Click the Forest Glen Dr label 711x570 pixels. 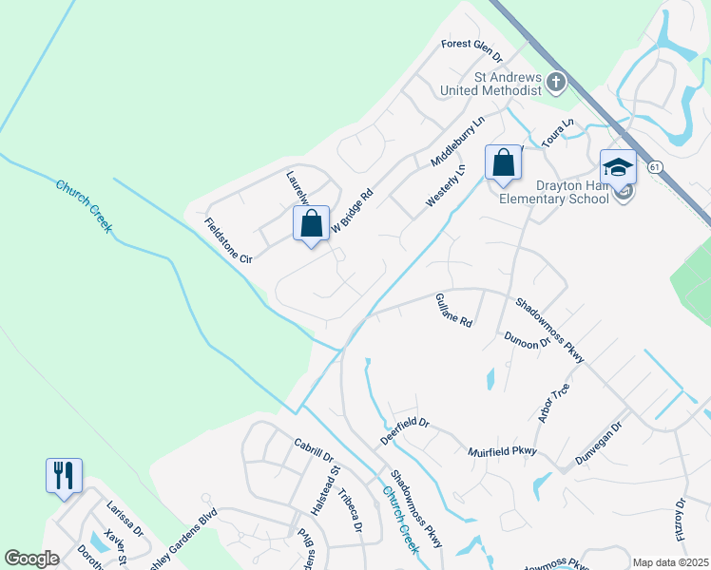click(471, 45)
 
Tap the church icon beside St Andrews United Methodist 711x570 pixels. click(557, 84)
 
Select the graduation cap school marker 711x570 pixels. click(619, 167)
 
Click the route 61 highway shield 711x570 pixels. click(655, 166)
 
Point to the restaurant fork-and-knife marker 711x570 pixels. click(64, 475)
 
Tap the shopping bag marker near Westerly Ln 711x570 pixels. click(504, 162)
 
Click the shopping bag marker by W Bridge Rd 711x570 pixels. click(311, 225)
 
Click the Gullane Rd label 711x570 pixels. click(453, 311)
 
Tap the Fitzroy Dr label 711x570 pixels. click(680, 519)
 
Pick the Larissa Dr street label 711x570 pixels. click(124, 519)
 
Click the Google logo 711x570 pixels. click(31, 559)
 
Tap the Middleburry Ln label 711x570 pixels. click(458, 139)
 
